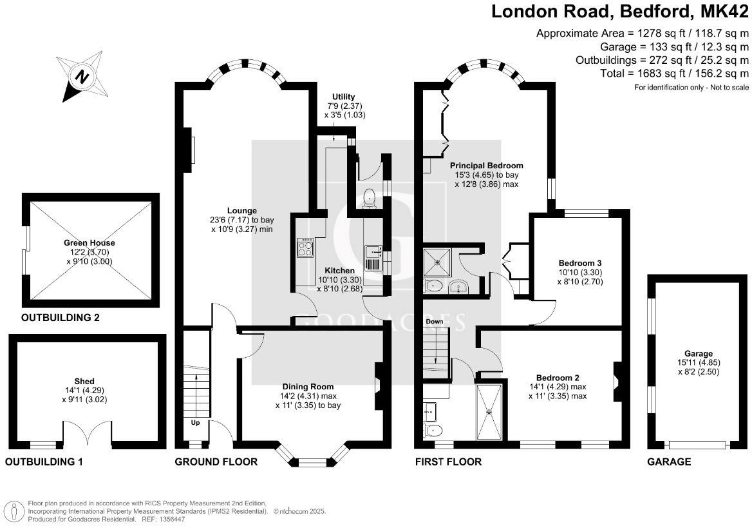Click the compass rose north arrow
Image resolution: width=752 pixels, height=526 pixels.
point(82,77)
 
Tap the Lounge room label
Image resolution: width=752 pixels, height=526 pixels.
point(241,210)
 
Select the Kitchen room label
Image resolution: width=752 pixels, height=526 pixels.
point(339,270)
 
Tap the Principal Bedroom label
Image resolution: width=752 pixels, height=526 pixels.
point(486,165)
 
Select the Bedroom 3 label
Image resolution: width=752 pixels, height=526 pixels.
point(579,263)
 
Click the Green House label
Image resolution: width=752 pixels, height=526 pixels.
point(89,242)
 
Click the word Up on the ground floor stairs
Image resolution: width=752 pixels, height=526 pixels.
point(194,423)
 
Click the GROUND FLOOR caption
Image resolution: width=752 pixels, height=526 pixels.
point(216,462)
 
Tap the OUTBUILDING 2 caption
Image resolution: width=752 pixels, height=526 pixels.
point(61,318)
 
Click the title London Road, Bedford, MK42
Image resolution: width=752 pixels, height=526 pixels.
point(621,11)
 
